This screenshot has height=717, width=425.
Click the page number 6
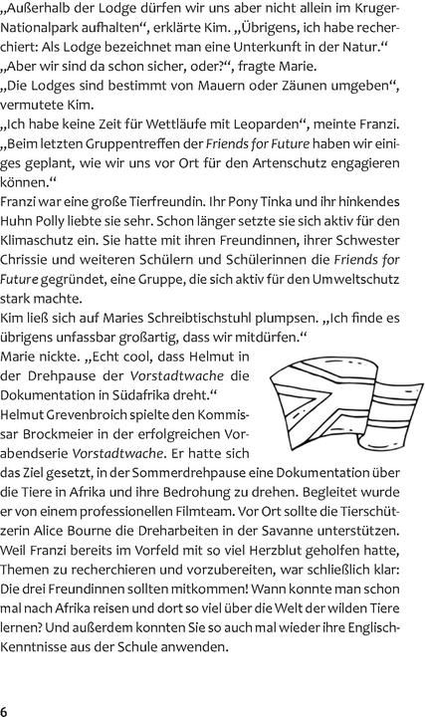[5, 709]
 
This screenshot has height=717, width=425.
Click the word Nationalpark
[49, 32]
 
